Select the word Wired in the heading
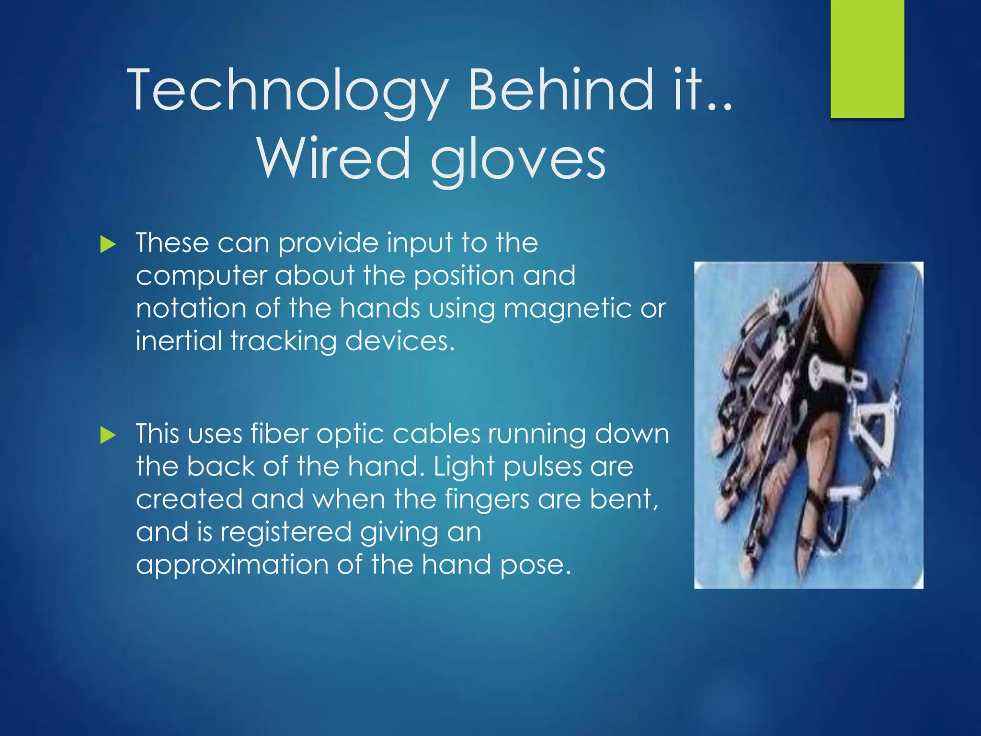(x=334, y=158)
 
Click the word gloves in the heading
(x=518, y=161)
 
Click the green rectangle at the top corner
(x=867, y=58)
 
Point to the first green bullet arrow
(x=108, y=245)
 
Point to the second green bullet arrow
(x=108, y=436)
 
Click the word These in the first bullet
(x=172, y=242)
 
